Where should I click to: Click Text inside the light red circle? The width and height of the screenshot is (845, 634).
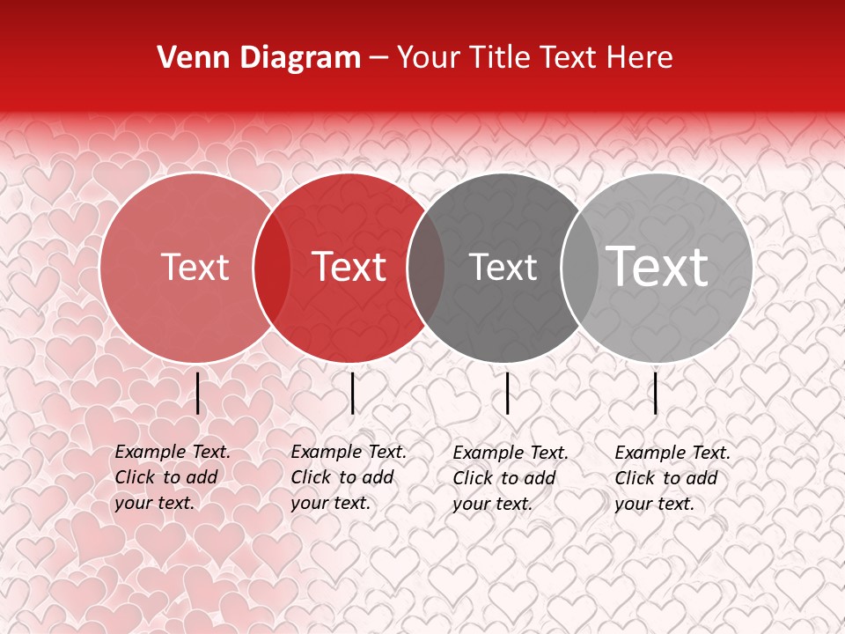(x=195, y=268)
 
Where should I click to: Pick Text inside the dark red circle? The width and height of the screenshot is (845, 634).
(x=349, y=268)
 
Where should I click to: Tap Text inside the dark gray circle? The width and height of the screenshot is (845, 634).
(x=503, y=268)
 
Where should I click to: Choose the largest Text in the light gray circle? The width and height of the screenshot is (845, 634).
(x=658, y=266)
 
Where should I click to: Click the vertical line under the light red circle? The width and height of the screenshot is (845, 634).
(x=198, y=393)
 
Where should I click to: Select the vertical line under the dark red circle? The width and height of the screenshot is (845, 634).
(x=352, y=393)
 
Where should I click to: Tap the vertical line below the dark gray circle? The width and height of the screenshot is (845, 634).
(x=508, y=393)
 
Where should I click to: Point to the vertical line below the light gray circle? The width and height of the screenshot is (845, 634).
(x=656, y=393)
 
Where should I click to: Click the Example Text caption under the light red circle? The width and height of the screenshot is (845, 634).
(x=173, y=477)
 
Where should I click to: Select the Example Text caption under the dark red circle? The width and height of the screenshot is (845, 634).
(x=349, y=477)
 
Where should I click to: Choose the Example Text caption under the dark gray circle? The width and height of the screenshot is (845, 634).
(x=511, y=478)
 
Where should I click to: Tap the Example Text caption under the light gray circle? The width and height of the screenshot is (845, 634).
(x=672, y=478)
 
